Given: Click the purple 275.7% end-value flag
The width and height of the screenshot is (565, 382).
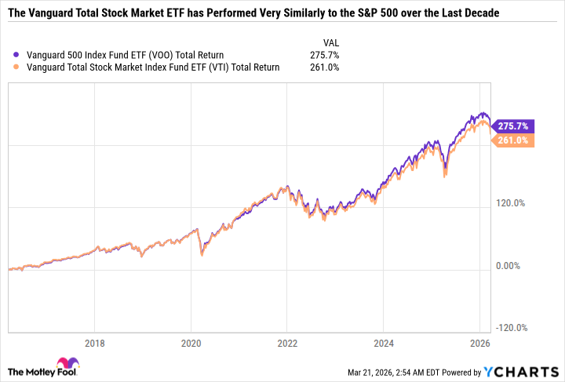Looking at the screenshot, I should [514, 126].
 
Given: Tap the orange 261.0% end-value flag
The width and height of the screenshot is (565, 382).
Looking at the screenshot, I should [514, 140].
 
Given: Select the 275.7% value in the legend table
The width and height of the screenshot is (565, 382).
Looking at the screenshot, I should [323, 55].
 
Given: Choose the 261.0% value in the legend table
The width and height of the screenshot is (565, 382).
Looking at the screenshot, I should [323, 67].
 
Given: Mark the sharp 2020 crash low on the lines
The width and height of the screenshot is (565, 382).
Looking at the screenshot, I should [202, 255].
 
